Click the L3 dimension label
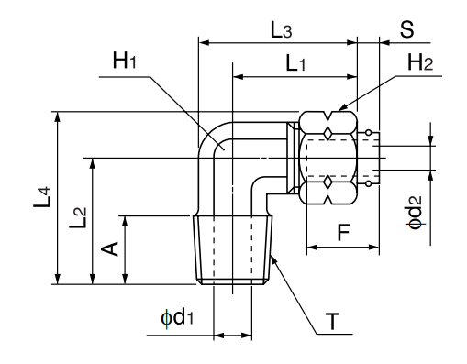coord(282,29)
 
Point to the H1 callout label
coord(123,61)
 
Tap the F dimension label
coord(342,232)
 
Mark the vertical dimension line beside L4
coord(58,198)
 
